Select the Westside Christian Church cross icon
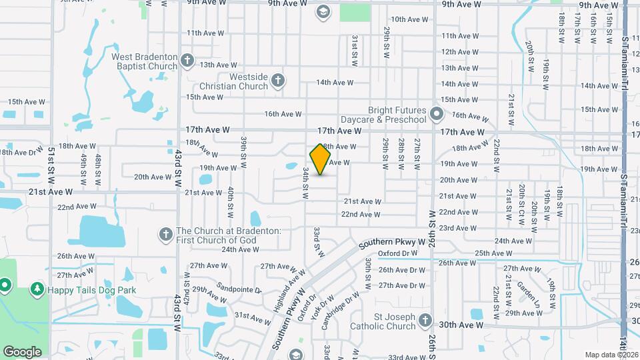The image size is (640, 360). (x=279, y=81)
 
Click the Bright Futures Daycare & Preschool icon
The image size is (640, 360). (x=437, y=114)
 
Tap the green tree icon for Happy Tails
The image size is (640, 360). (x=37, y=290)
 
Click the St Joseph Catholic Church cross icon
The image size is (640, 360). (x=425, y=322)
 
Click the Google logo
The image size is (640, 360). (x=22, y=351)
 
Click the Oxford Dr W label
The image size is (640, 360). (x=397, y=253)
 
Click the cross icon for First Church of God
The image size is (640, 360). (x=165, y=235)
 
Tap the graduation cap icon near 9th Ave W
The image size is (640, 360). (x=323, y=11)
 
